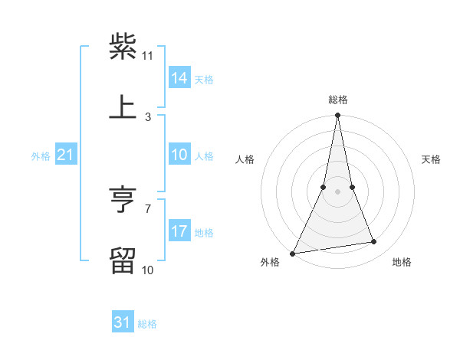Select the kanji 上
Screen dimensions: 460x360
pos(123,106)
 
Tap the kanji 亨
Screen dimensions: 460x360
pos(123,201)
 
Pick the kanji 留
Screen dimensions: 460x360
pos(123,261)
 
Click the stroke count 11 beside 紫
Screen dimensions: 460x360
pos(148,56)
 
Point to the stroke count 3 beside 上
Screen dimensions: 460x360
pos(148,116)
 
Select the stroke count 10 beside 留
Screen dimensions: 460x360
pos(148,270)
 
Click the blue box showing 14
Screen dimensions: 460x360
pos(179,78)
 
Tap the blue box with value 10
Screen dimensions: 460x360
pos(179,155)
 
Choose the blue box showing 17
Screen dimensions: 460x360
pos(179,231)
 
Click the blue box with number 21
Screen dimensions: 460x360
pos(65,155)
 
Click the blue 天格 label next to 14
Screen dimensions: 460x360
pos(204,79)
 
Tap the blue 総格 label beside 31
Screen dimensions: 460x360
pos(147,324)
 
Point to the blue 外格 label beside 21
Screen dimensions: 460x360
pos(41,156)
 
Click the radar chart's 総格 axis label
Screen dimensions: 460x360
pos(337,100)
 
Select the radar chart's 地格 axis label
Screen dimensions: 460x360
pos(402,262)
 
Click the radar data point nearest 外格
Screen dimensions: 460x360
pos(292,254)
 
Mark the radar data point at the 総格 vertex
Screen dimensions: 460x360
pos(337,116)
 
